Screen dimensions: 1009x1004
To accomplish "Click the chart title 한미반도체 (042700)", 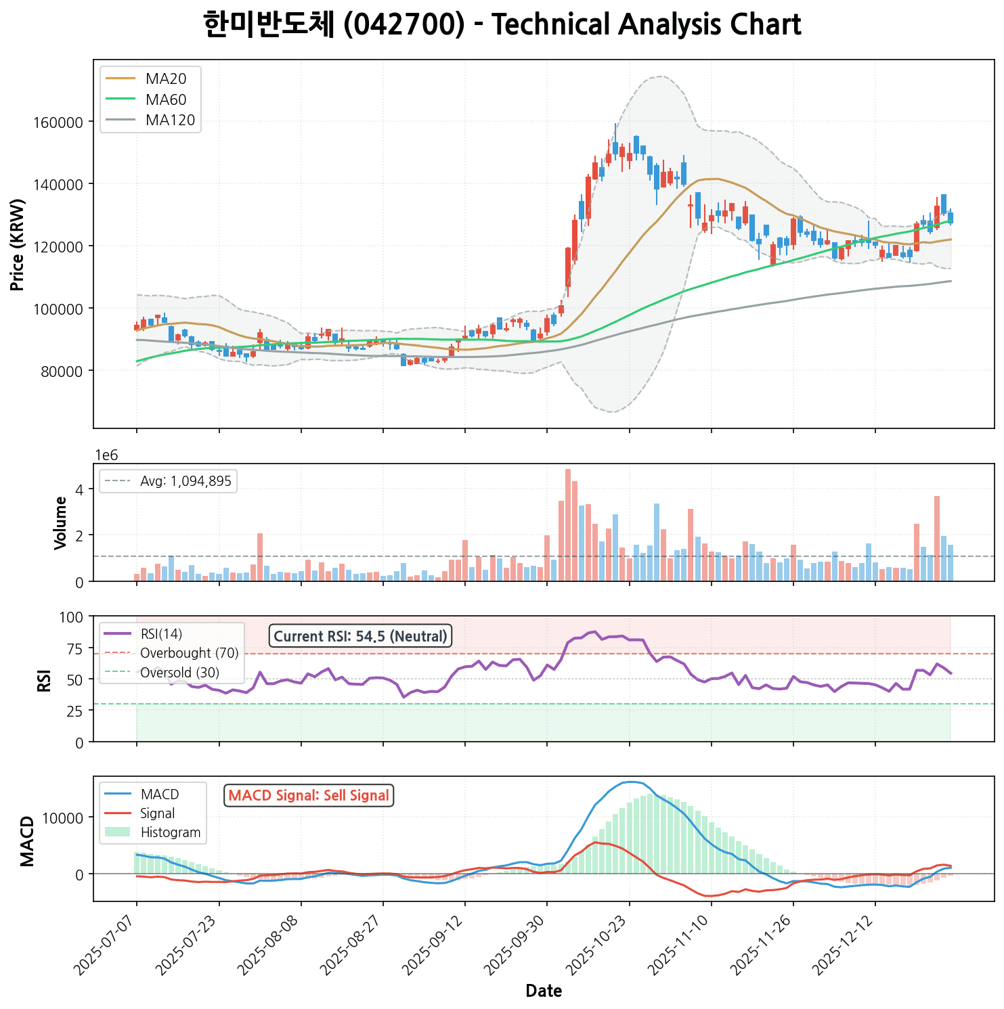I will click(x=502, y=26).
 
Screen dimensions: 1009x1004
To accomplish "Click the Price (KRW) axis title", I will click(x=18, y=244).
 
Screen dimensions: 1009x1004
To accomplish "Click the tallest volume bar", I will click(x=568, y=524).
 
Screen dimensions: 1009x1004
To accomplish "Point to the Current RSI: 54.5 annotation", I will click(x=360, y=636).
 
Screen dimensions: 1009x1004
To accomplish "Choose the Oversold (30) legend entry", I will click(x=179, y=673).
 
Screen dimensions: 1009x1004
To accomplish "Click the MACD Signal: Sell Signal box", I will click(x=309, y=796).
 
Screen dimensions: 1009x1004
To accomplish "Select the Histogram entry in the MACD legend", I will click(x=170, y=832).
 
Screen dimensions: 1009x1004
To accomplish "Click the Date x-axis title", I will click(x=544, y=991).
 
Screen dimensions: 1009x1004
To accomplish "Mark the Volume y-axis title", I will click(x=60, y=522).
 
